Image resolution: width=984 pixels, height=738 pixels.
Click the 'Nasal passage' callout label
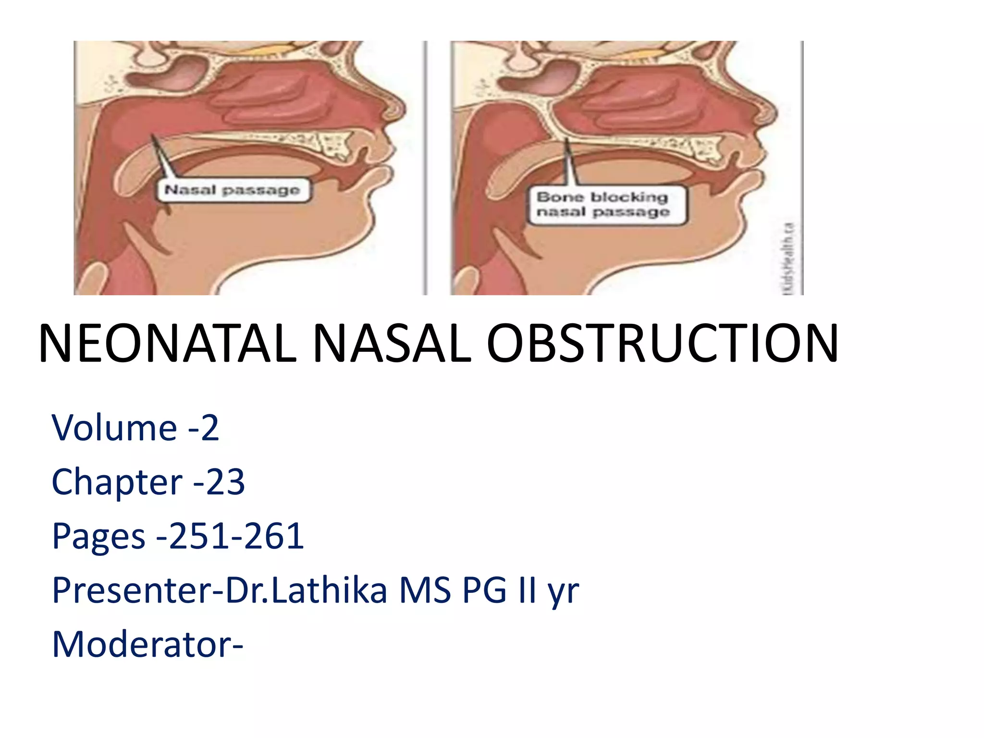(233, 190)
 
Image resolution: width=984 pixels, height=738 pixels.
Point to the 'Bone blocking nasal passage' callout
(603, 205)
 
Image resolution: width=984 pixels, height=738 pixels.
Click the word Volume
(114, 427)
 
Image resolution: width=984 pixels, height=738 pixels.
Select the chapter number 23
(226, 482)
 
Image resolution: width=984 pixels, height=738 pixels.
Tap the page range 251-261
(236, 536)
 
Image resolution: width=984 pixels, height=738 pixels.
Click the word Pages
(98, 536)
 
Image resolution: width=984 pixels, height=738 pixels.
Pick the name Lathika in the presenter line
(330, 590)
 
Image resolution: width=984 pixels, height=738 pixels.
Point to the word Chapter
(117, 482)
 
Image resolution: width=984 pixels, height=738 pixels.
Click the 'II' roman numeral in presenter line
(527, 590)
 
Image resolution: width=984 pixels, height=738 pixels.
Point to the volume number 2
(209, 427)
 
